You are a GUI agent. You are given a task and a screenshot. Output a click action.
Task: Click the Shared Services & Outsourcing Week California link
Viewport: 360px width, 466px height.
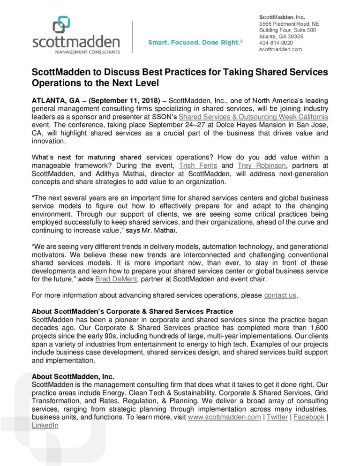tap(253, 116)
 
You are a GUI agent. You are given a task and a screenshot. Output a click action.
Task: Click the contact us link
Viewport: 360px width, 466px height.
tap(280, 295)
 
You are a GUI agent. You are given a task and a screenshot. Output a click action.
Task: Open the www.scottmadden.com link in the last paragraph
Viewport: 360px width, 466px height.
tap(224, 417)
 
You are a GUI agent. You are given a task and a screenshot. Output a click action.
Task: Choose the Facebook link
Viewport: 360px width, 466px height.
tap(309, 417)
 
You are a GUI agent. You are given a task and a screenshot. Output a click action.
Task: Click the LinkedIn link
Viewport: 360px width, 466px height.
tap(45, 425)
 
